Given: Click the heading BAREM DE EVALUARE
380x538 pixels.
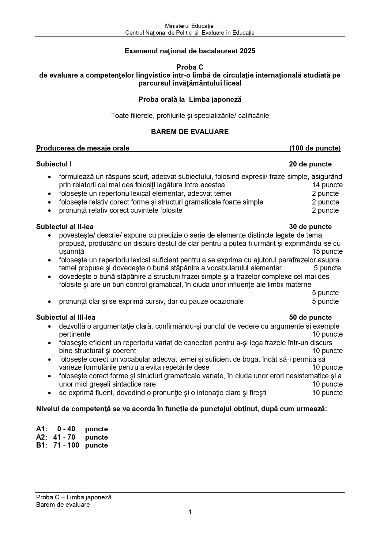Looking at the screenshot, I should (190, 132).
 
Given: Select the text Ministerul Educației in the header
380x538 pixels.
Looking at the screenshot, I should (190, 26).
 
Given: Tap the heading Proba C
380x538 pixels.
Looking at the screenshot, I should (190, 67).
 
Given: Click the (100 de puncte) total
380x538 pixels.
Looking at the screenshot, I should (315, 148).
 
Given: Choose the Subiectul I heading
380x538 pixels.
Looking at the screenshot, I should (54, 164).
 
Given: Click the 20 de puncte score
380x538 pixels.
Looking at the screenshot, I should (310, 164).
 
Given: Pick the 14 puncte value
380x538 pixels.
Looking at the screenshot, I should (327, 185).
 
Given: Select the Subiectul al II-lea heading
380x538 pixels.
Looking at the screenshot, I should (65, 227).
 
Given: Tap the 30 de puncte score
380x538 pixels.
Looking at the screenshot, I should (310, 227).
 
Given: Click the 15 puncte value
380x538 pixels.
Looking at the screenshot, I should (327, 252).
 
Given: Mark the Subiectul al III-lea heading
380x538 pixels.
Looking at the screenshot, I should (66, 318).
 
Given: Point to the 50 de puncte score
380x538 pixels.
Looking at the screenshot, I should (310, 318).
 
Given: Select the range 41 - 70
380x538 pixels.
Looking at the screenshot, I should (64, 437).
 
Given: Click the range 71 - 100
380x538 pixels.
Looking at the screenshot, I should (66, 445).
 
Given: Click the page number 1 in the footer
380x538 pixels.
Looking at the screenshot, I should (190, 512).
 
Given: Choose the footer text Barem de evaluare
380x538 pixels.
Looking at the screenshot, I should (63, 505).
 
